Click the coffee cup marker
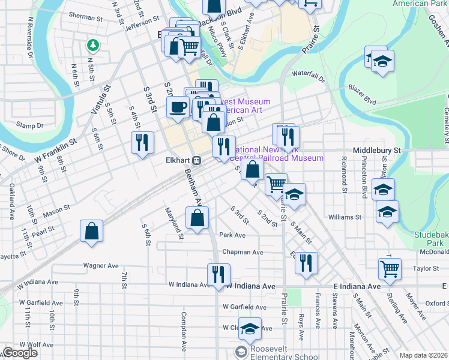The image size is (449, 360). point(176,107)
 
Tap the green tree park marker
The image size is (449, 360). point(92,45)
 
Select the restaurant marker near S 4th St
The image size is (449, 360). point(142,142)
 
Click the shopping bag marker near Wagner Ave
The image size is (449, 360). point(91,230)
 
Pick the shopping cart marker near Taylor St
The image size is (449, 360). point(390,268)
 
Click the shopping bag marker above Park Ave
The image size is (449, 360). point(197,217)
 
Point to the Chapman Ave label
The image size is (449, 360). point(243,253)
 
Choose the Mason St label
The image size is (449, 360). point(56,212)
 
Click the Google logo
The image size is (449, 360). point(19,352)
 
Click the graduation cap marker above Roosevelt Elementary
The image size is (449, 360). point(250,328)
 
